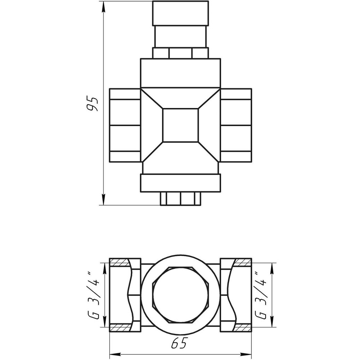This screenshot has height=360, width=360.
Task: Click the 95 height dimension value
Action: point(93,104)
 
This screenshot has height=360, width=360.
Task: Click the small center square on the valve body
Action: point(180,125)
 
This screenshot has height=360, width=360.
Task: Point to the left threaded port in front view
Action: point(125,125)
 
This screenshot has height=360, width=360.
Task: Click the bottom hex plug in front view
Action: point(180,198)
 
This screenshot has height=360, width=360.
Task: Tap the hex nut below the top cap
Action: point(180,53)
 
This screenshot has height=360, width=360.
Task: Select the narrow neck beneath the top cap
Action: point(180,36)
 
